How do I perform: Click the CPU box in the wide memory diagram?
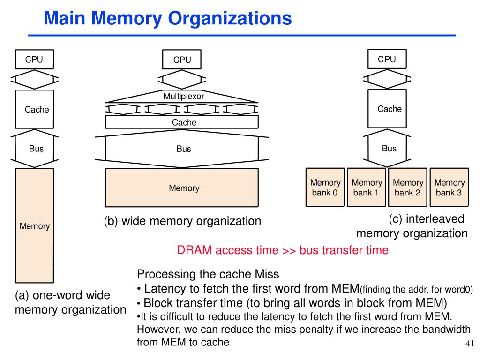(x=182, y=60)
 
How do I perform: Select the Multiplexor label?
(x=184, y=97)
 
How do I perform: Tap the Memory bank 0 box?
(x=325, y=187)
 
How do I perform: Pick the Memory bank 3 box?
(x=450, y=187)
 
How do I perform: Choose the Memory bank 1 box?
(x=367, y=187)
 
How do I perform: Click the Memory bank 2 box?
(x=408, y=187)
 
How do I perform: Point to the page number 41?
(x=470, y=344)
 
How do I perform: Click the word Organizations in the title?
(x=230, y=18)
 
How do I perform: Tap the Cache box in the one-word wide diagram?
(x=35, y=109)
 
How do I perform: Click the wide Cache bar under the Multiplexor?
(x=182, y=122)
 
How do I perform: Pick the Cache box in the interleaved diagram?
(x=387, y=109)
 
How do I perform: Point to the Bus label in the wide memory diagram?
(x=184, y=149)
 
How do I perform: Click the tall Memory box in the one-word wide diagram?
(x=35, y=225)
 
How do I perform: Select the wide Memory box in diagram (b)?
(x=182, y=187)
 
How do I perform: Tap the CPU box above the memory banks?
(x=387, y=59)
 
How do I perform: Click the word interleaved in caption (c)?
(x=435, y=219)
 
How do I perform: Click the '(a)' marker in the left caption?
(x=22, y=295)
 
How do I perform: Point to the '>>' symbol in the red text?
(x=289, y=250)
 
